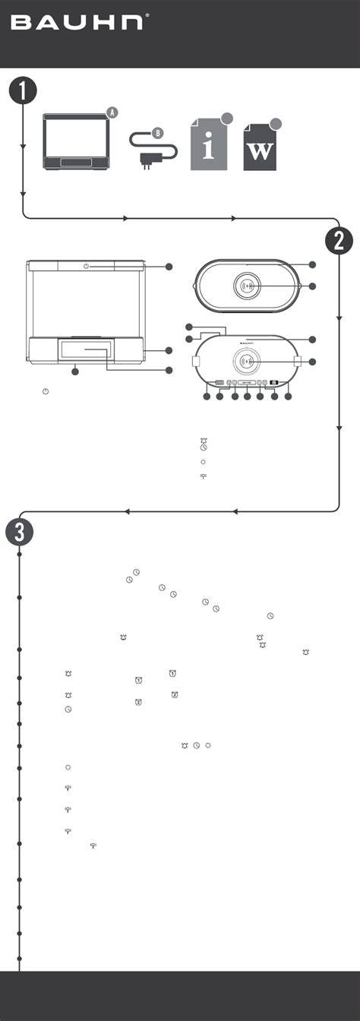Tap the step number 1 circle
coord(23,92)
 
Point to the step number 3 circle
coord(19,532)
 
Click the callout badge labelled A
coord(112,112)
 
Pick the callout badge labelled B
coord(157,133)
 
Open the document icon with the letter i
coord(209,144)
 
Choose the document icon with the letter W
coord(260,147)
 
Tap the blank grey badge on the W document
coord(276,123)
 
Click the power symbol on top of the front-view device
coord(86,266)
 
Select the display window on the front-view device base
coord(85,349)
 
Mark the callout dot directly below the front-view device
coord(75,372)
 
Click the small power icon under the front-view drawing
coord(46,391)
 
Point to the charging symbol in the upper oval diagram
coord(248,286)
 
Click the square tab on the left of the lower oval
coord(196,362)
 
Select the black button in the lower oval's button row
coord(274,384)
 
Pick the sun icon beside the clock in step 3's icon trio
coord(208,745)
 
